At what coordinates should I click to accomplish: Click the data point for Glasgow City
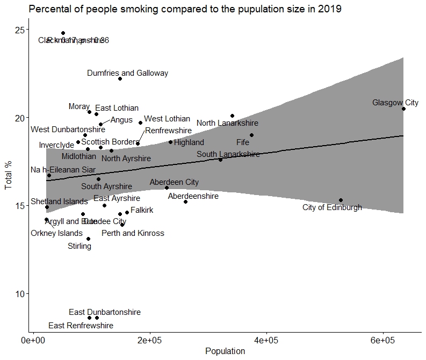tap(403, 109)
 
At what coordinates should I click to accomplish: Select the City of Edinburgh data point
tap(341, 200)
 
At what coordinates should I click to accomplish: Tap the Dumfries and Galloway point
tap(120, 78)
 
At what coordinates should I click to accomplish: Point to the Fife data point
tap(251, 135)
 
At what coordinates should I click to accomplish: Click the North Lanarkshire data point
tap(232, 116)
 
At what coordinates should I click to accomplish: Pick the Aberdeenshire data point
tap(185, 201)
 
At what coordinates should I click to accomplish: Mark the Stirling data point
tap(88, 239)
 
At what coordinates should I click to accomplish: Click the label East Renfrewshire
tap(81, 326)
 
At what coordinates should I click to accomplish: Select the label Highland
tap(189, 142)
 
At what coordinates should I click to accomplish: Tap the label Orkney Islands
tap(56, 233)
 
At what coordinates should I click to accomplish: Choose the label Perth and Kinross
tap(133, 233)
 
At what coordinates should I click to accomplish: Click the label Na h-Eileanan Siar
tap(63, 170)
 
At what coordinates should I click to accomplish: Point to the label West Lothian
tap(167, 119)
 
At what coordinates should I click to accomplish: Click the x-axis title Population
tap(225, 351)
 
